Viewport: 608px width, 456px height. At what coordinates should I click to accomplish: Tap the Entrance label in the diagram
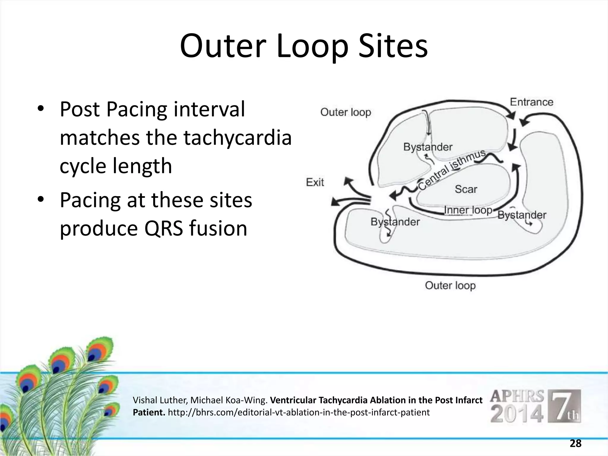click(x=531, y=102)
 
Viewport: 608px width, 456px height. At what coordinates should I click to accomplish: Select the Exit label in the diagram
click(x=315, y=182)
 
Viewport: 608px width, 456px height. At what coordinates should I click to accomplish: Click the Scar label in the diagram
click(x=466, y=189)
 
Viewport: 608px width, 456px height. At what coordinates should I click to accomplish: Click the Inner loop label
click(x=468, y=210)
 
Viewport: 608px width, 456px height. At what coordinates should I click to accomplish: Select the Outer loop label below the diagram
click(x=450, y=286)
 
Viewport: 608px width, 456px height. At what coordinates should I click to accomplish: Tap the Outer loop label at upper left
click(x=346, y=112)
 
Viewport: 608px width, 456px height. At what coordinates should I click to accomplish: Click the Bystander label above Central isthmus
click(x=427, y=147)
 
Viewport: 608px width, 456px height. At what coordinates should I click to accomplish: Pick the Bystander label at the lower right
click(x=522, y=215)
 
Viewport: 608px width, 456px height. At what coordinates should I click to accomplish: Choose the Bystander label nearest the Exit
click(x=395, y=222)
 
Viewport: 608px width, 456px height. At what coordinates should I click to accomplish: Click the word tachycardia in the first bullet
click(x=237, y=138)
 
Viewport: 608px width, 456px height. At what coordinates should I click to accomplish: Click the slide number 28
click(x=575, y=444)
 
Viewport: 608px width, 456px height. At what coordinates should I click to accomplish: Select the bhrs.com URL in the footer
click(x=299, y=412)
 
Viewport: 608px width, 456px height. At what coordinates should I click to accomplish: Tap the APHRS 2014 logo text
click(x=517, y=406)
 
